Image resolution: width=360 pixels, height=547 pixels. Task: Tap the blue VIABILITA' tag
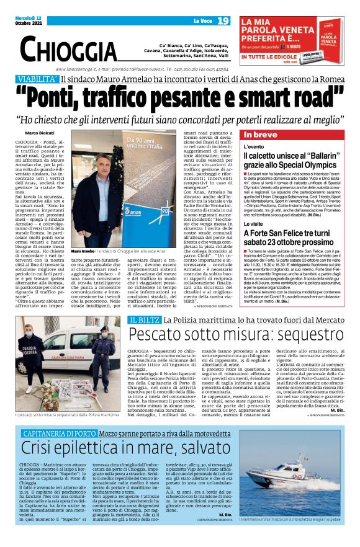37,79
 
